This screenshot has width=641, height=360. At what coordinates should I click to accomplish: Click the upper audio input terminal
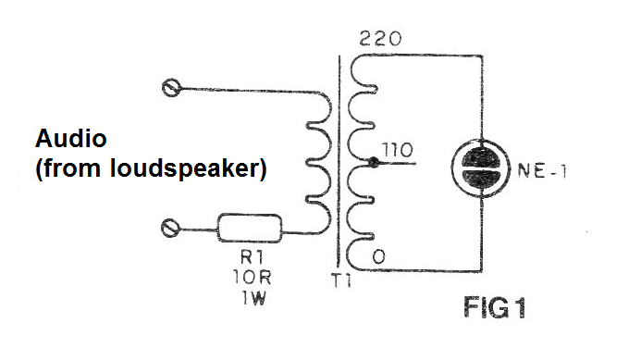(x=171, y=88)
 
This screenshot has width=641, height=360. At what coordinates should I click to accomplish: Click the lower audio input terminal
(x=169, y=228)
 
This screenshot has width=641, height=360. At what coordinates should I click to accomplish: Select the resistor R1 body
(x=250, y=229)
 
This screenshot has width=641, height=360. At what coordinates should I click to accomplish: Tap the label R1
(x=252, y=257)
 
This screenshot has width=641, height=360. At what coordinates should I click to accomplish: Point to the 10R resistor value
(x=252, y=278)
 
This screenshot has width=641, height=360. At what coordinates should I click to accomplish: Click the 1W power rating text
(x=253, y=298)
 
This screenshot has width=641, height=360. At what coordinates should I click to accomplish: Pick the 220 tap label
(x=380, y=39)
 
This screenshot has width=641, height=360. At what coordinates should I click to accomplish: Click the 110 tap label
(x=397, y=150)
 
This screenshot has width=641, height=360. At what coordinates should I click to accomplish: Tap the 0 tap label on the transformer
(x=378, y=256)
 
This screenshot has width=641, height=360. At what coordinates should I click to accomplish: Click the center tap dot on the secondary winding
(x=373, y=162)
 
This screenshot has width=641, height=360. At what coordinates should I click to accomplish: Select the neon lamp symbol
(x=481, y=168)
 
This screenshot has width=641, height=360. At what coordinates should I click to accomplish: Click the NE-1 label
(x=542, y=170)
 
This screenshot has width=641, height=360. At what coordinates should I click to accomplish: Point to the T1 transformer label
(x=341, y=281)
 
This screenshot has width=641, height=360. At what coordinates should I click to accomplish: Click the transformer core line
(x=339, y=161)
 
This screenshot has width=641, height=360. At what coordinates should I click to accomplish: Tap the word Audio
(x=71, y=138)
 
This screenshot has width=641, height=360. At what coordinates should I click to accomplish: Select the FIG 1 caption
(x=495, y=307)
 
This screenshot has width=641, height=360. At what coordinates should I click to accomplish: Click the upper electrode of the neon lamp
(x=481, y=157)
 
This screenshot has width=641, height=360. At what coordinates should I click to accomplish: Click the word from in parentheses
(x=72, y=168)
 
